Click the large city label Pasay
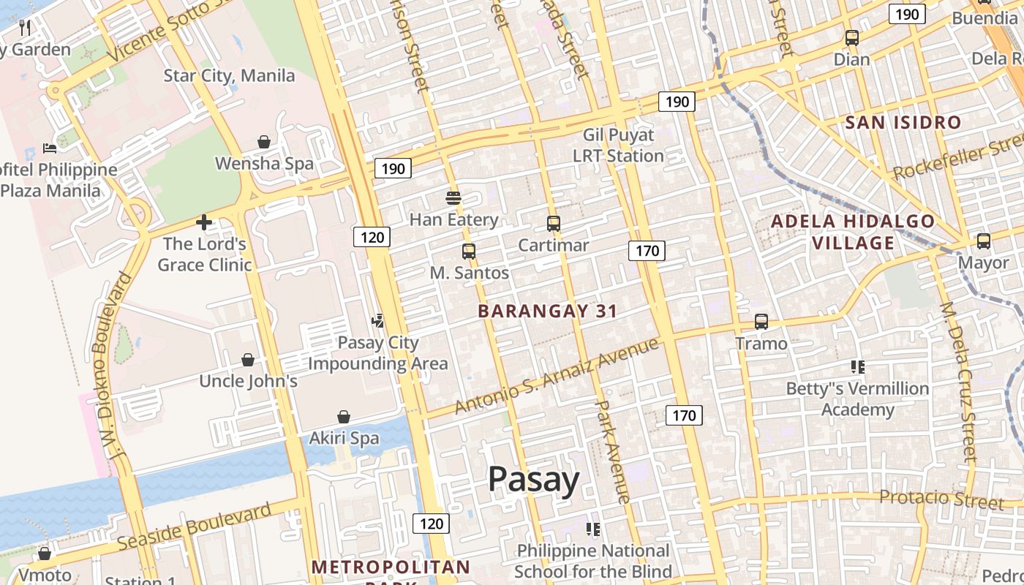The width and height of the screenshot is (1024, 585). pyautogui.click(x=533, y=480)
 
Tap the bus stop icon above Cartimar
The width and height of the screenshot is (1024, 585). pyautogui.click(x=554, y=224)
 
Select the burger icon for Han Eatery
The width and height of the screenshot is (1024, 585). pyautogui.click(x=453, y=197)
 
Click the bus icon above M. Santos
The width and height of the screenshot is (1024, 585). pyautogui.click(x=469, y=252)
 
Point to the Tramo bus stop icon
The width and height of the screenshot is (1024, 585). pyautogui.click(x=761, y=322)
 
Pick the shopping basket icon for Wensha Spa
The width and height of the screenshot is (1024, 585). pyautogui.click(x=264, y=142)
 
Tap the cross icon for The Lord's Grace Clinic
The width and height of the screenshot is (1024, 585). pyautogui.click(x=204, y=222)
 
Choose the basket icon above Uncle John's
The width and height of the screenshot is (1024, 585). pyautogui.click(x=248, y=360)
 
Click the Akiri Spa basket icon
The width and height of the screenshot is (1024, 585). pyautogui.click(x=344, y=417)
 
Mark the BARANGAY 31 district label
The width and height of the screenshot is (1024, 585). pyautogui.click(x=548, y=311)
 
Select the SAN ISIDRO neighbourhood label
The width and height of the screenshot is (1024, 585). pyautogui.click(x=903, y=122)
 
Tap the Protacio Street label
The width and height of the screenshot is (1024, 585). pyautogui.click(x=941, y=499)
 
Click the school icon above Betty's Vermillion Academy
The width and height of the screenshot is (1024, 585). pyautogui.click(x=858, y=367)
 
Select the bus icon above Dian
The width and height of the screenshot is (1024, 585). pyautogui.click(x=852, y=38)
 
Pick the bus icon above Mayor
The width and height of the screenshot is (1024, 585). pyautogui.click(x=984, y=241)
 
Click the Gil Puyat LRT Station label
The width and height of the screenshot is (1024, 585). pyautogui.click(x=618, y=146)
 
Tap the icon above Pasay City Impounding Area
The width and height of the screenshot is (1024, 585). pyautogui.click(x=378, y=320)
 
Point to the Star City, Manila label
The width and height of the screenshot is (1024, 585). pyautogui.click(x=229, y=75)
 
